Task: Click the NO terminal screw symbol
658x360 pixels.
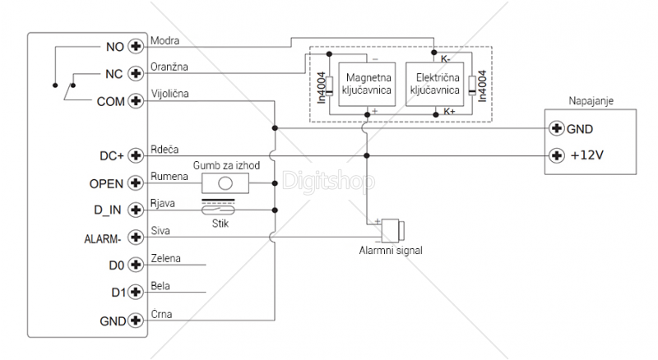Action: click(137, 47)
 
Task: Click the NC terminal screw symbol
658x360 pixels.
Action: click(137, 74)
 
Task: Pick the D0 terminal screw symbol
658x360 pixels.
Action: click(137, 265)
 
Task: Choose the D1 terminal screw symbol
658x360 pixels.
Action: click(137, 293)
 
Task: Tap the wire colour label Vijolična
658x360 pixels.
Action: click(170, 94)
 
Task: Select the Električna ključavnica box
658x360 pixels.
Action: click(435, 82)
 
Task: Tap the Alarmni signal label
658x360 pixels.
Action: click(390, 251)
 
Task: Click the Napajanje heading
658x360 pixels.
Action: click(592, 101)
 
